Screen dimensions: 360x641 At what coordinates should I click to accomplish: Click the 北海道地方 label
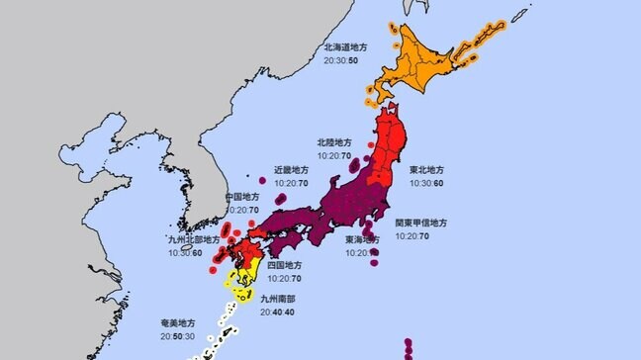tap(345, 47)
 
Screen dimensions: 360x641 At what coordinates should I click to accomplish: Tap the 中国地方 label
tap(243, 196)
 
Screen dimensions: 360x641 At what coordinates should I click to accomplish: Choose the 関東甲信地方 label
tap(421, 224)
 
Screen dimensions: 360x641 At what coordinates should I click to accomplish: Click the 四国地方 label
tap(284, 266)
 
